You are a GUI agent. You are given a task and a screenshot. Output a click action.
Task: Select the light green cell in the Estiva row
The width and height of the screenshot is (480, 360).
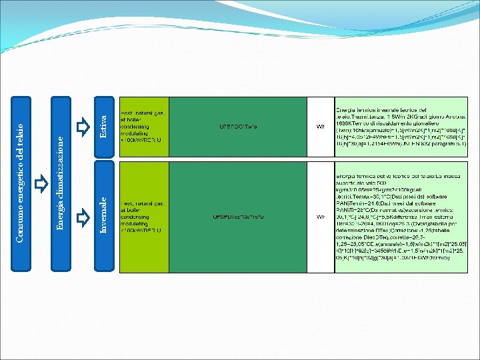[x=143, y=127]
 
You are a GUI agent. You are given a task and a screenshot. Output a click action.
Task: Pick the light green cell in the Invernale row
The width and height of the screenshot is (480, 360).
[x=143, y=217]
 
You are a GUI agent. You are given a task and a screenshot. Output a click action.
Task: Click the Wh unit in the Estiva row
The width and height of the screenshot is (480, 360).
[x=320, y=127]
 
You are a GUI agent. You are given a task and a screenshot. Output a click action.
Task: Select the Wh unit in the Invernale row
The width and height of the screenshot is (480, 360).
[x=320, y=217]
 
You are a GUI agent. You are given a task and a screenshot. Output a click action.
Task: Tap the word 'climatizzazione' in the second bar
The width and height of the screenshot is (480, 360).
[x=60, y=170]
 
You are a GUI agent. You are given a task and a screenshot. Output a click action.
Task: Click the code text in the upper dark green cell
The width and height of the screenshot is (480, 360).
[x=238, y=127]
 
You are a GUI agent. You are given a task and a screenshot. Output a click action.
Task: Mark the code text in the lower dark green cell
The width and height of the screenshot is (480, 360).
[x=238, y=217]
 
